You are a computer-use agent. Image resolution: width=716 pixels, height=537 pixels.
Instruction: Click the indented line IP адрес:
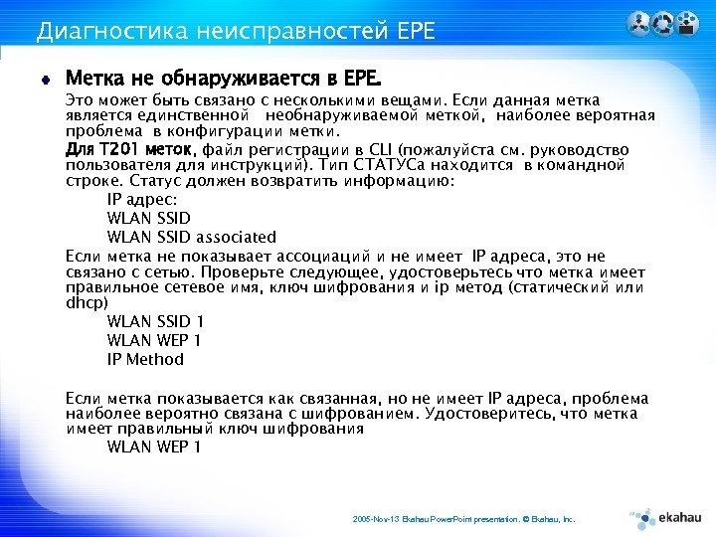pyautogui.click(x=148, y=199)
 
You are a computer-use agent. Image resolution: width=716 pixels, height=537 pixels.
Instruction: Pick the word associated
pyautogui.click(x=236, y=237)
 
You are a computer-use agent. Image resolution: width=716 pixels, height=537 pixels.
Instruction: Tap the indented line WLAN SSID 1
pyautogui.click(x=155, y=321)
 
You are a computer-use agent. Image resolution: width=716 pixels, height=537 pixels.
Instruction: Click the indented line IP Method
pyautogui.click(x=145, y=359)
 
